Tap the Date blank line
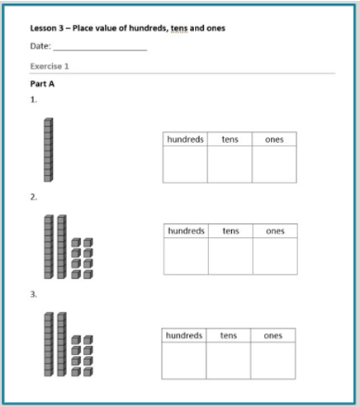tap(100, 50)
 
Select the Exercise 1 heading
tap(50, 66)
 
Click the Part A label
tap(42, 84)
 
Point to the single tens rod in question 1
tap(49, 150)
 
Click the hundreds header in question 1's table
tap(185, 140)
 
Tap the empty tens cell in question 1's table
tap(230, 164)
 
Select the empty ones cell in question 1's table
tap(274, 164)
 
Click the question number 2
tap(34, 197)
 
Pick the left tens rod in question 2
tap(49, 247)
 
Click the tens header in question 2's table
tap(230, 231)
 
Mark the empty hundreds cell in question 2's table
tap(186, 256)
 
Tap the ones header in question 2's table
tap(275, 231)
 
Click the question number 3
tap(34, 295)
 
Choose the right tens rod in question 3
tap(62, 344)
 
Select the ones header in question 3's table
tap(273, 335)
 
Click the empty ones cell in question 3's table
tap(273, 361)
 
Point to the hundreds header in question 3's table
tap(184, 335)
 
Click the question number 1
tap(34, 100)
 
